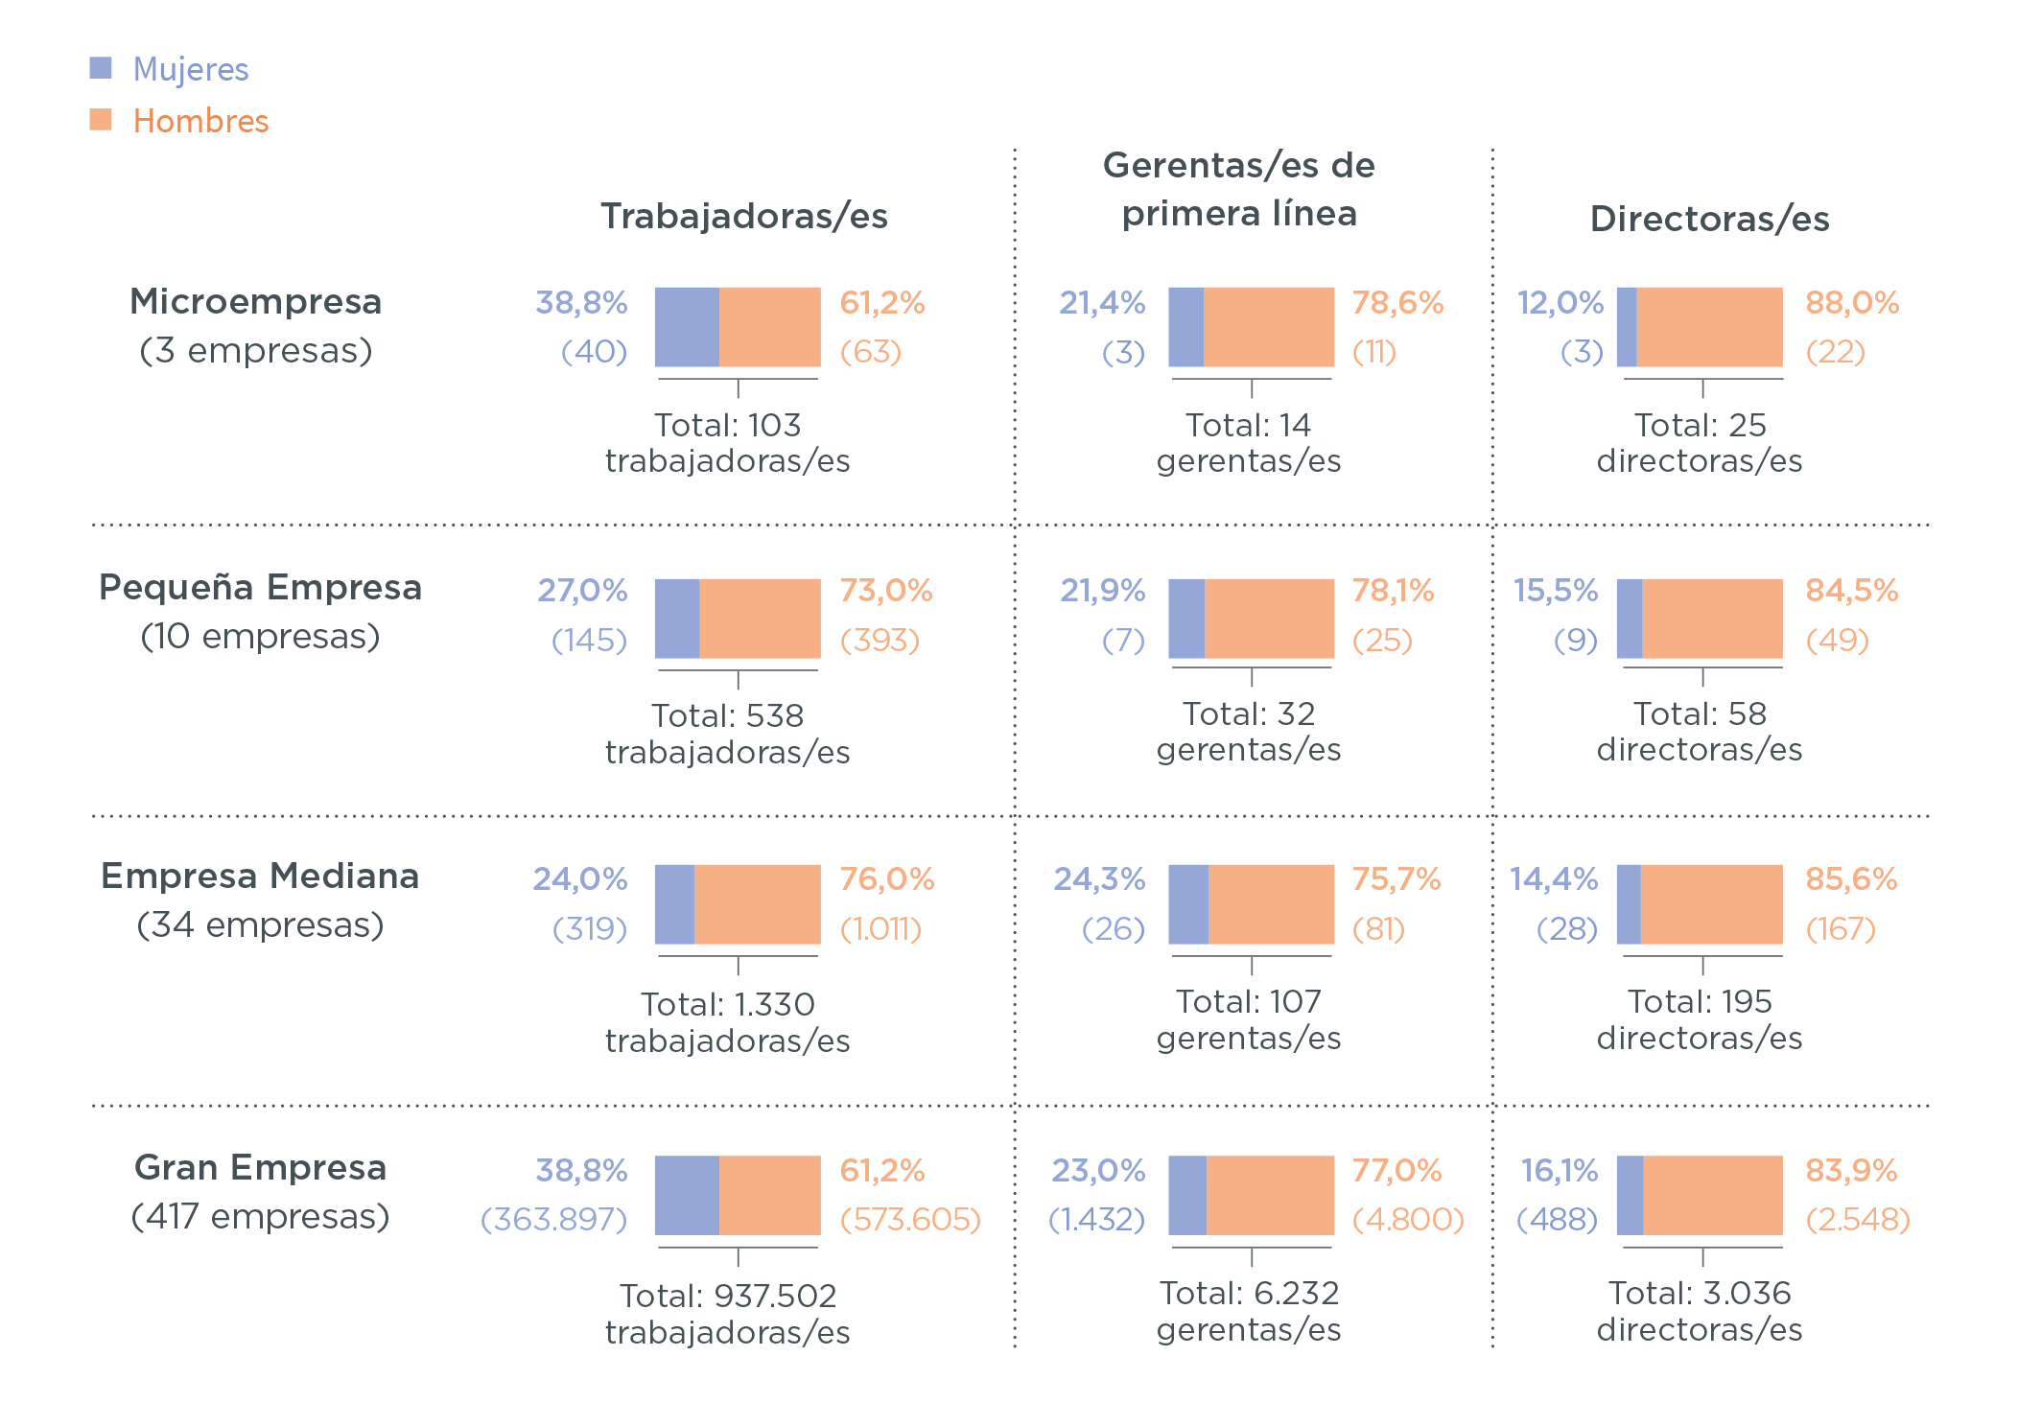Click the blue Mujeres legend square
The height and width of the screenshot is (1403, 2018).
(101, 68)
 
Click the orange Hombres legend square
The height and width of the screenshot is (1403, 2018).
(101, 120)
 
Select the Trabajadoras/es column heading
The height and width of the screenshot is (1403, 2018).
(744, 217)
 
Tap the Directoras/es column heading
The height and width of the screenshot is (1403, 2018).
(1709, 220)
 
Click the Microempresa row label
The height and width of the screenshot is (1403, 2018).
(256, 302)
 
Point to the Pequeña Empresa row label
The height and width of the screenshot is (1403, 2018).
(260, 588)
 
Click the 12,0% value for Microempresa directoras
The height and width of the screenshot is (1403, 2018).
(1560, 303)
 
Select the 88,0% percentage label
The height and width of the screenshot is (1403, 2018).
(1852, 303)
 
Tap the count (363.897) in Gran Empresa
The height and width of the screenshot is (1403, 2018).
(554, 1220)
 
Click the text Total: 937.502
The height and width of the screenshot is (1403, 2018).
(728, 1297)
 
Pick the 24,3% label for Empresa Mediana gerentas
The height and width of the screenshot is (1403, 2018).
(1099, 879)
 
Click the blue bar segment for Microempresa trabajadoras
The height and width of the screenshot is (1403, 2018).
(687, 327)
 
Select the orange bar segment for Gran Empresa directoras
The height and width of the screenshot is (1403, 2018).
(1713, 1195)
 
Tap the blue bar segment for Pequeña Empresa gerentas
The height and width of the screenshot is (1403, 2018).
(1186, 619)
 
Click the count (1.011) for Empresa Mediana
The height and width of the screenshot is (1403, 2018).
(880, 929)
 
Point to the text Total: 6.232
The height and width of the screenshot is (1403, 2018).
(1249, 1294)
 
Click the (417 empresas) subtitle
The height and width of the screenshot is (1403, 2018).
(260, 1217)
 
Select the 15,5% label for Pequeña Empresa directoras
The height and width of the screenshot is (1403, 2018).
(1556, 591)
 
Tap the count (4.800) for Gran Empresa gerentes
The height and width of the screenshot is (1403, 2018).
(1408, 1220)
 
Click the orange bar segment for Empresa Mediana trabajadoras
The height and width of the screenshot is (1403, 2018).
(758, 904)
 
